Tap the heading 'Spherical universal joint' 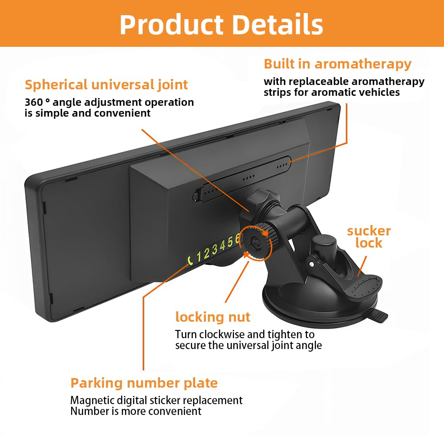[106, 84]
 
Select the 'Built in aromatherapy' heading [337, 64]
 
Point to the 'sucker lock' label [369, 237]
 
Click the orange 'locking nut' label [212, 317]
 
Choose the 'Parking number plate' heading [144, 383]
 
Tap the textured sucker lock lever [366, 288]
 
